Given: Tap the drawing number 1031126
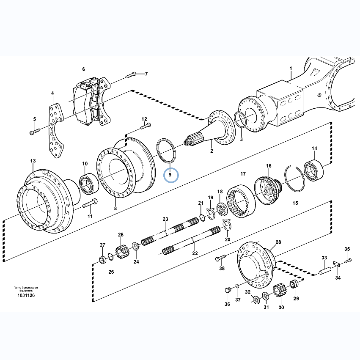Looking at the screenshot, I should point(26,295).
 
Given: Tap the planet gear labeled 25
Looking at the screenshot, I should point(121,251).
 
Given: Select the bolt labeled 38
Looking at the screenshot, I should point(220,258).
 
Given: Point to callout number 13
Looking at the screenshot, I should point(33,161).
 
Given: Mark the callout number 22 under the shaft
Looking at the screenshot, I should point(195,253).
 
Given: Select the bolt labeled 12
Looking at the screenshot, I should point(145,126).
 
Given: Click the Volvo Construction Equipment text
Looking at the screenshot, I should point(26,289).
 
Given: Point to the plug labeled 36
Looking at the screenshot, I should point(228,290).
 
